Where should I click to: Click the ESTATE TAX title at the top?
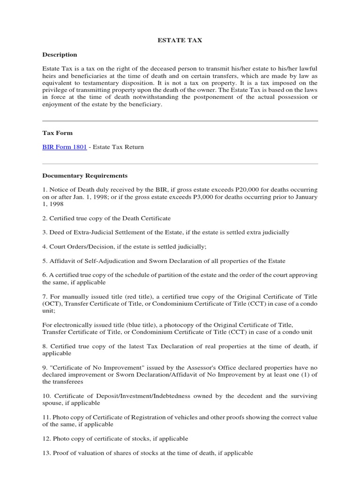point(180,40)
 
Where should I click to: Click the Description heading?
point(60,55)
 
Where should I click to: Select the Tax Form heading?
point(57,133)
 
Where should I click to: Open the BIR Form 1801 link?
point(64,147)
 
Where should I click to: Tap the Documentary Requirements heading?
point(85,176)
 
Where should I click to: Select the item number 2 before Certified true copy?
point(45,218)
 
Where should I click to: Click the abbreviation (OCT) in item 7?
point(52,304)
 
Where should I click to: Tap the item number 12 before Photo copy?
point(46,439)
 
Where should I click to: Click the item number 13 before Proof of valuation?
point(46,453)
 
